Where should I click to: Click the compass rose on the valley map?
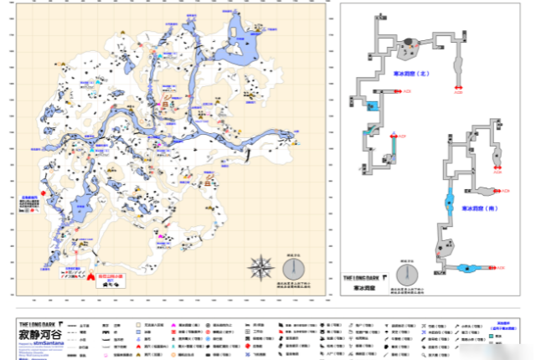coord(260,268)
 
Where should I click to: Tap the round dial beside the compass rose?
coord(293,269)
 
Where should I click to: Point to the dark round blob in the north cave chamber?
coord(410,41)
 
